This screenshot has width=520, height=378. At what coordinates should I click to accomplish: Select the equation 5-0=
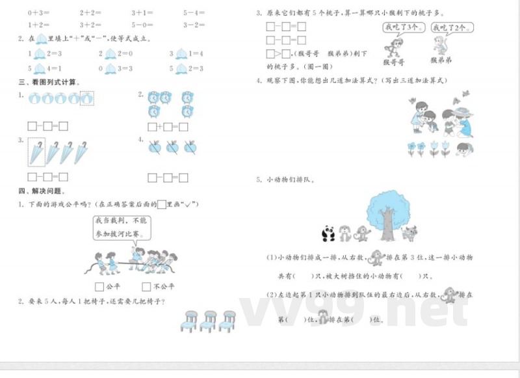click(143, 24)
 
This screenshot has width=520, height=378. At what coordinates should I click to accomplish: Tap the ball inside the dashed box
click(86, 98)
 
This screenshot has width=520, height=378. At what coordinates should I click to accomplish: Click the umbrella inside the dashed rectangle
click(36, 154)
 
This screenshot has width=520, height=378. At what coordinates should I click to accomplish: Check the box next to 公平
click(99, 286)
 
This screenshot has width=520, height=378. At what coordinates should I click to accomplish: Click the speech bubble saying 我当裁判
click(122, 227)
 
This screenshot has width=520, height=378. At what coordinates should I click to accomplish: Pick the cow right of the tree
click(409, 233)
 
